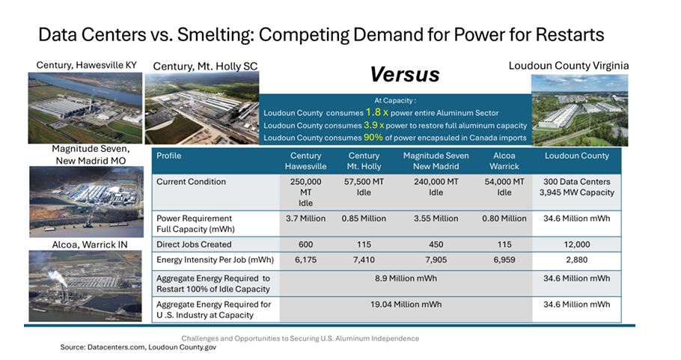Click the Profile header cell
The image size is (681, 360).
click(169, 156)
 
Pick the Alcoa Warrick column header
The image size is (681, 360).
click(504, 160)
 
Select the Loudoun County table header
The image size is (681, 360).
click(577, 156)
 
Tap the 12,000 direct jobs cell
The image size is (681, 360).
click(577, 244)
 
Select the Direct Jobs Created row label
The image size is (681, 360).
click(194, 244)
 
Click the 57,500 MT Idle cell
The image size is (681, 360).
click(364, 186)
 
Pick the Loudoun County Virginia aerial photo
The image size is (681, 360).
click(579, 109)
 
